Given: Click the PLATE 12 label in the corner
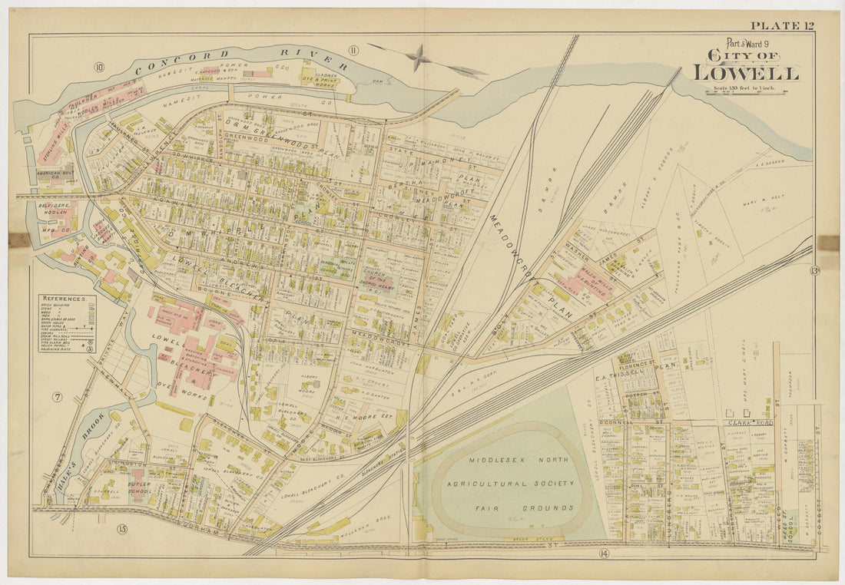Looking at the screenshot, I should pyautogui.click(x=783, y=25).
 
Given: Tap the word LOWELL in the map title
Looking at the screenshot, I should pyautogui.click(x=746, y=73).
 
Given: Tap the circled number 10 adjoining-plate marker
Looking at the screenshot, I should pyautogui.click(x=99, y=67).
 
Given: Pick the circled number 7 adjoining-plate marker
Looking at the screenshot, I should pyautogui.click(x=57, y=397).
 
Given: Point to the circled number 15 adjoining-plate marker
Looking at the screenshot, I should pyautogui.click(x=121, y=528).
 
